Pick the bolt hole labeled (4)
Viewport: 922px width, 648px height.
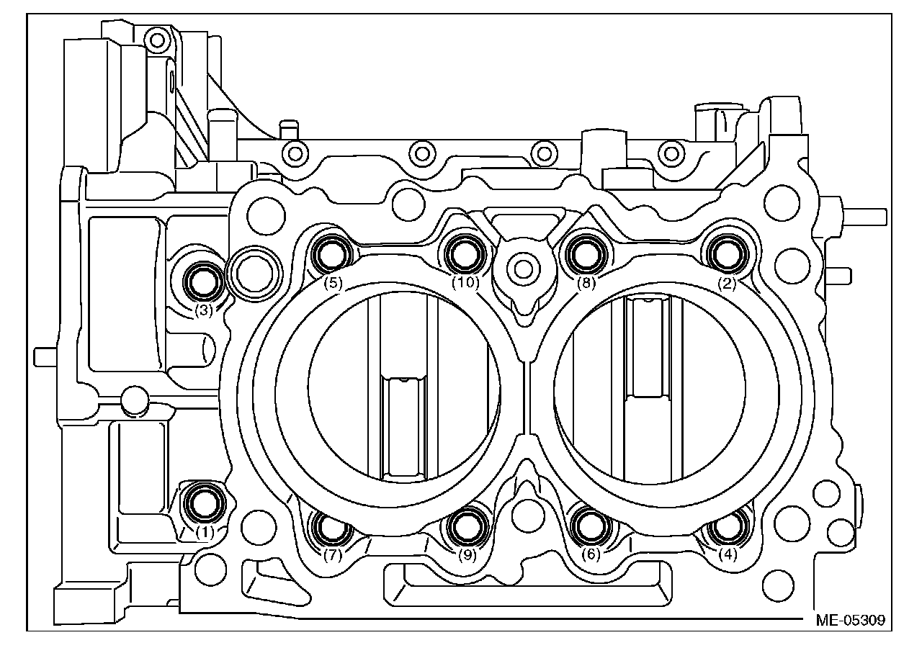728,528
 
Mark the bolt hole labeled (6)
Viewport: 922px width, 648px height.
589,526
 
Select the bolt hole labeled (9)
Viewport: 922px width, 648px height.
467,526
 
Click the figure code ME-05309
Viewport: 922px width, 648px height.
850,619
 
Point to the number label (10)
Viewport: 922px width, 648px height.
465,283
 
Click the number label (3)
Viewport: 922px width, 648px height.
204,310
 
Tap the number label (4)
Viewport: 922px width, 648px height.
728,555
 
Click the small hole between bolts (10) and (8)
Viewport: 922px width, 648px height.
524,269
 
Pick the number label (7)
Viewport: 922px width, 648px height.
332,555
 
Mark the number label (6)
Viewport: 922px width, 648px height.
590,555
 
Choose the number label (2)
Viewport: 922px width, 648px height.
728,283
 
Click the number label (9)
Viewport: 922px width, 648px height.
467,555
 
